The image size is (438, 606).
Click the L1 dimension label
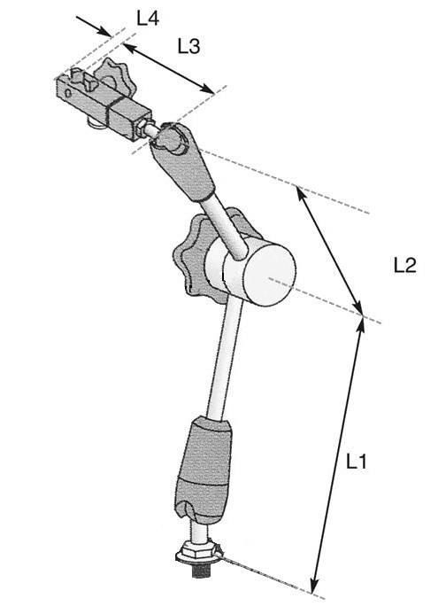click(356, 461)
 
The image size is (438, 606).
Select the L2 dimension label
click(404, 266)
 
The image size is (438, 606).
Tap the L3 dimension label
click(188, 46)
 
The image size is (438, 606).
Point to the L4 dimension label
click(148, 18)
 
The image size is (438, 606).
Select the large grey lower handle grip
click(204, 470)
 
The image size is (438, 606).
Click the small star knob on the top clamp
click(114, 79)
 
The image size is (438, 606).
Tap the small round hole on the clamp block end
click(68, 93)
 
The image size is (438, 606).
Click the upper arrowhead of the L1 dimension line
click(360, 324)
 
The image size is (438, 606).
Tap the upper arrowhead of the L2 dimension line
click(300, 192)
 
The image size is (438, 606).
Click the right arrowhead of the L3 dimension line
click(208, 89)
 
